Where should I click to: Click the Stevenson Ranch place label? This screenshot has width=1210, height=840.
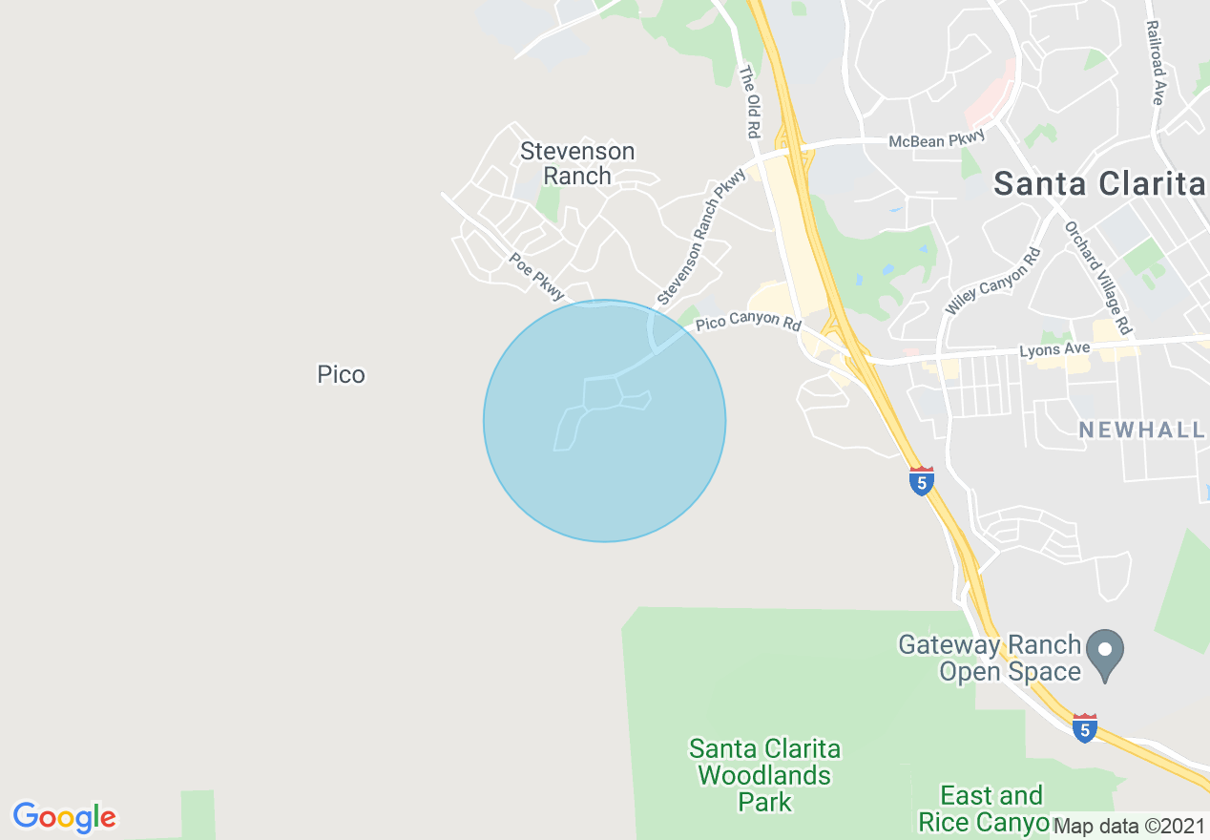(x=577, y=163)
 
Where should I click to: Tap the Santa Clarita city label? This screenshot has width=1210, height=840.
(x=1099, y=183)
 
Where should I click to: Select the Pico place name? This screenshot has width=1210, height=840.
(x=341, y=374)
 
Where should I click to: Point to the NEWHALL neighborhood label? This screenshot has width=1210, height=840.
(x=1141, y=430)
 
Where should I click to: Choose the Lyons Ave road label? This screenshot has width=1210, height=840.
(x=1054, y=351)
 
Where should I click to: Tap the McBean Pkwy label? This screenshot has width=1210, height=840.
(x=929, y=141)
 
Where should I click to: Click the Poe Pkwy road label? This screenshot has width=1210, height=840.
(x=536, y=277)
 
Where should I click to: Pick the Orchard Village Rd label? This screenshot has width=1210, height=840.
(x=1097, y=278)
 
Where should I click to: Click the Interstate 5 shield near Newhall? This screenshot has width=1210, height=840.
(x=920, y=481)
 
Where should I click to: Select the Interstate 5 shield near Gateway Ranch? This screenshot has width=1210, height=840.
(x=1084, y=728)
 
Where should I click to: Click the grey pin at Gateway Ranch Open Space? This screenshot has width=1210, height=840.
(x=1105, y=654)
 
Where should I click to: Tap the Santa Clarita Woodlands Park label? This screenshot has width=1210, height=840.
(x=764, y=774)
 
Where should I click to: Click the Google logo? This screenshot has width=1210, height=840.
(x=64, y=817)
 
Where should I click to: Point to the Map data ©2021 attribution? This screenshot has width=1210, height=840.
(x=1129, y=826)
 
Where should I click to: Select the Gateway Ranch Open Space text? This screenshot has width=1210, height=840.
(x=989, y=659)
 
